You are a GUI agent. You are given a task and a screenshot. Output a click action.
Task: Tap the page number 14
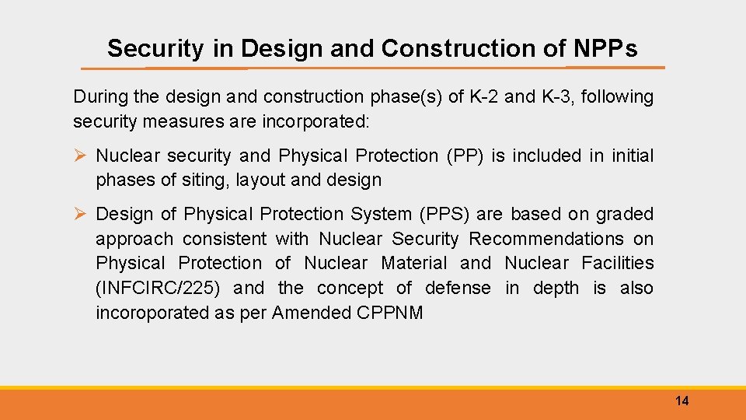[682, 401]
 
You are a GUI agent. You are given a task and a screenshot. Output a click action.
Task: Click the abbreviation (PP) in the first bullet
[464, 156]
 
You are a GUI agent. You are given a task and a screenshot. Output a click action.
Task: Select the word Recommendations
[546, 239]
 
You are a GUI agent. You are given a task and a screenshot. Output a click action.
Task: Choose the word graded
[626, 214]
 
